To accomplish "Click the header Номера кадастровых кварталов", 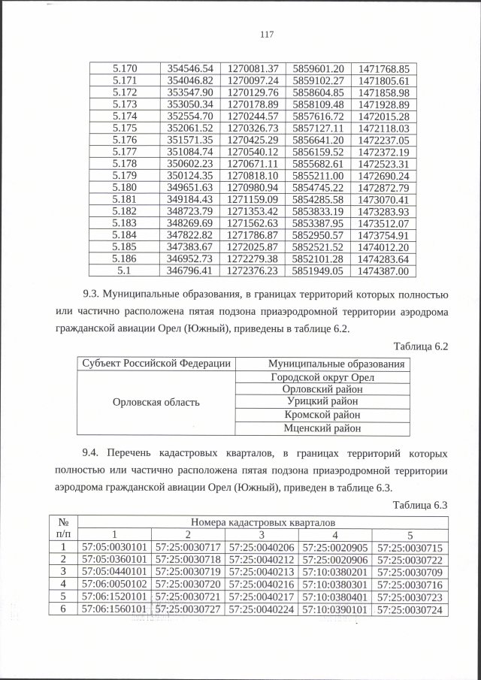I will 263,521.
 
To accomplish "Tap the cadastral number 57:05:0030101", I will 115,546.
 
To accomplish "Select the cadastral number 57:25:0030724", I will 411,609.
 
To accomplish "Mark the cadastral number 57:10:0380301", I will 337,584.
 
